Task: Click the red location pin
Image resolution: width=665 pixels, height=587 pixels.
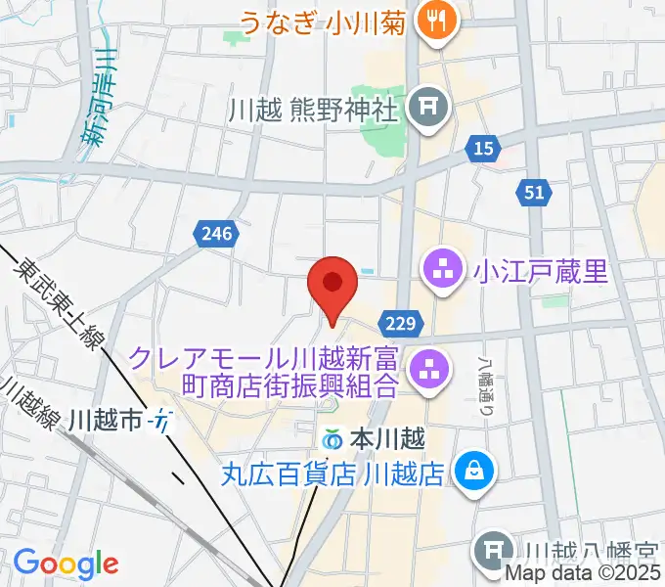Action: point(332,285)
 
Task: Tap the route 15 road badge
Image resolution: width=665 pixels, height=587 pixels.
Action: point(480,149)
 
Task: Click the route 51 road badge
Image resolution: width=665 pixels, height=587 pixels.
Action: point(533,193)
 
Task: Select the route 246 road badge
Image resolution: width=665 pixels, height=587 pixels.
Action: point(212,233)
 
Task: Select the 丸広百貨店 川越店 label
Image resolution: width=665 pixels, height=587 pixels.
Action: point(332,475)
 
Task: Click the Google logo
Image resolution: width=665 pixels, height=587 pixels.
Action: point(65,564)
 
